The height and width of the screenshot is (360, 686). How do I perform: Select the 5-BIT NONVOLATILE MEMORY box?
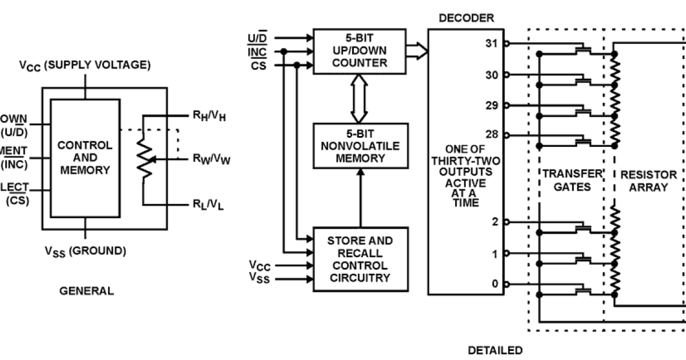pyautogui.click(x=360, y=145)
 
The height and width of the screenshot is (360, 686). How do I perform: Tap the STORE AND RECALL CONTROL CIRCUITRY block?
pyautogui.click(x=360, y=259)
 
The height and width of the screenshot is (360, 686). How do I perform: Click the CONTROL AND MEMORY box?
pyautogui.click(x=85, y=158)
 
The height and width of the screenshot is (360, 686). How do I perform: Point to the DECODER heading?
pyautogui.click(x=466, y=18)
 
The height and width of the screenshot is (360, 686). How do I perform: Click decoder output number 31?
pyautogui.click(x=492, y=43)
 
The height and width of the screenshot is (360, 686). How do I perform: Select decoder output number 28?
pyautogui.click(x=492, y=135)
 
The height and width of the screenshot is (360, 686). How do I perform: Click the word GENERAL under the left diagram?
pyautogui.click(x=86, y=291)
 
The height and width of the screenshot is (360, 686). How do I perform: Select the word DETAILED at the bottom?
pyautogui.click(x=495, y=350)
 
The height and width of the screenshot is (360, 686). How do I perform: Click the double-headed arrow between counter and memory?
pyautogui.click(x=360, y=98)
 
